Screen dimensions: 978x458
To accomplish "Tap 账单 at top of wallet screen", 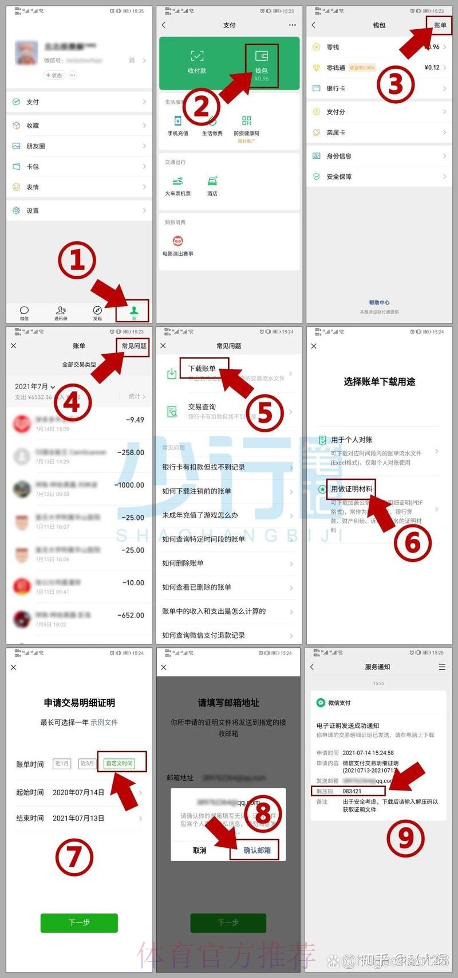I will click(440, 25).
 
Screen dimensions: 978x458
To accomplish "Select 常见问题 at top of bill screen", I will click(134, 346).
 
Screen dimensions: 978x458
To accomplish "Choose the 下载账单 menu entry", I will click(203, 369).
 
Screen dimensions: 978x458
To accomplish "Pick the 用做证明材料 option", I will click(352, 489).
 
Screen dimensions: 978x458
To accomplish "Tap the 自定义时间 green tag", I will click(120, 763).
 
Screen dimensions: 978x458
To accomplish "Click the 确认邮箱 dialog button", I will click(257, 850).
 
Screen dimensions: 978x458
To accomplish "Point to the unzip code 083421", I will click(352, 791).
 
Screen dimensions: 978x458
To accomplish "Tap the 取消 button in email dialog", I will click(200, 850).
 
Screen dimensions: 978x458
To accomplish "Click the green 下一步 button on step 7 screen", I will click(79, 922).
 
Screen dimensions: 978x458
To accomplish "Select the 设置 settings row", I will click(33, 211).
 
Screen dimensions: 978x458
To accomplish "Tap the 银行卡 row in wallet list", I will click(336, 88).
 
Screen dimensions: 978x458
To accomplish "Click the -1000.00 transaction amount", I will click(129, 485).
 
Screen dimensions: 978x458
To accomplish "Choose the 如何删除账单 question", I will click(183, 563).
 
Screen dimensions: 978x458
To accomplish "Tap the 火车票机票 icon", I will click(178, 186).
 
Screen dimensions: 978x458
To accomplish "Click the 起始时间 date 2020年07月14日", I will click(78, 792).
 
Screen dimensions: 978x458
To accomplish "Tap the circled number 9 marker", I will click(405, 838).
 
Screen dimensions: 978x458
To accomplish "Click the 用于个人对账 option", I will click(352, 440).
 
